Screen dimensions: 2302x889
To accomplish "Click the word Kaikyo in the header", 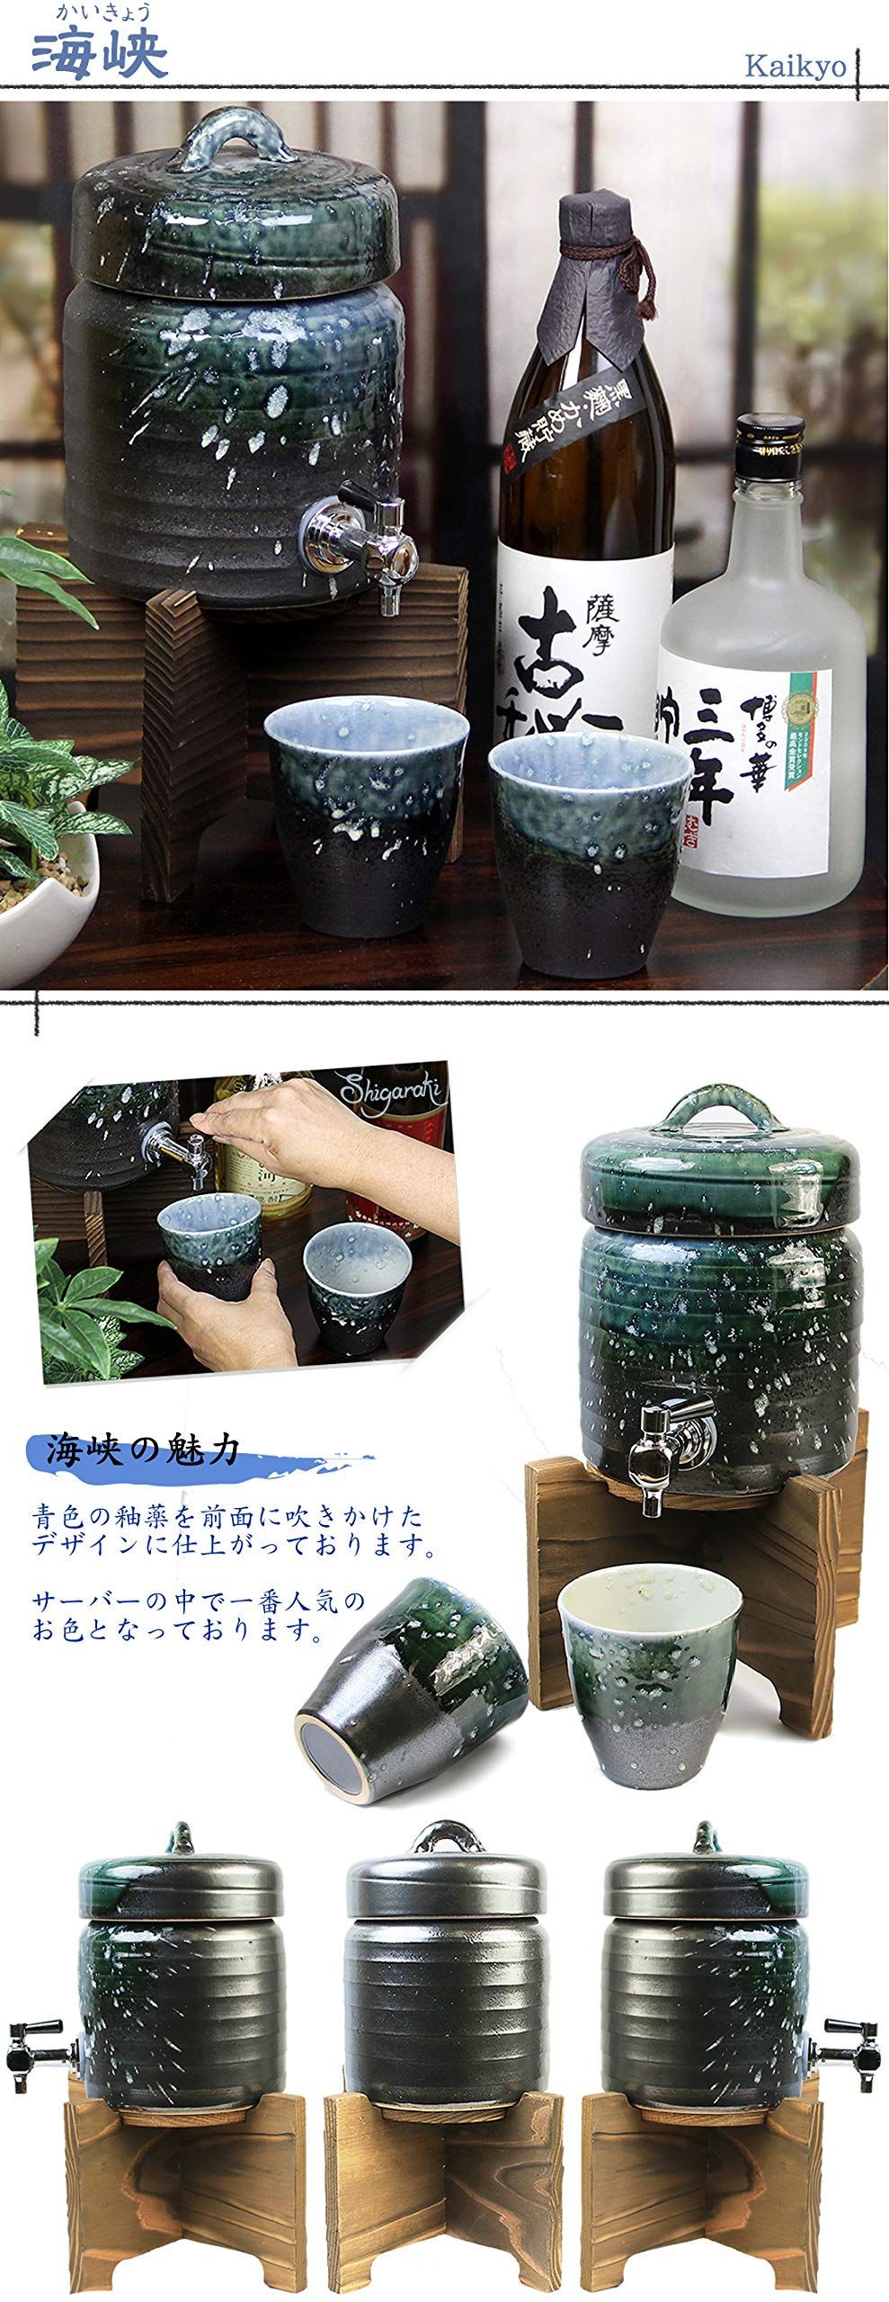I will pyautogui.click(x=795, y=67).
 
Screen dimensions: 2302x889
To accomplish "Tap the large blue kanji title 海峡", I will pyautogui.click(x=100, y=55).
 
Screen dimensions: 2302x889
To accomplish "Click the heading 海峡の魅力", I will pyautogui.click(x=144, y=1450).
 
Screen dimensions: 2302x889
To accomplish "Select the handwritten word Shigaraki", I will pyautogui.click(x=390, y=1091).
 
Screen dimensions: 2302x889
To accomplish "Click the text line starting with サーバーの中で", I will pyautogui.click(x=200, y=1601).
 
